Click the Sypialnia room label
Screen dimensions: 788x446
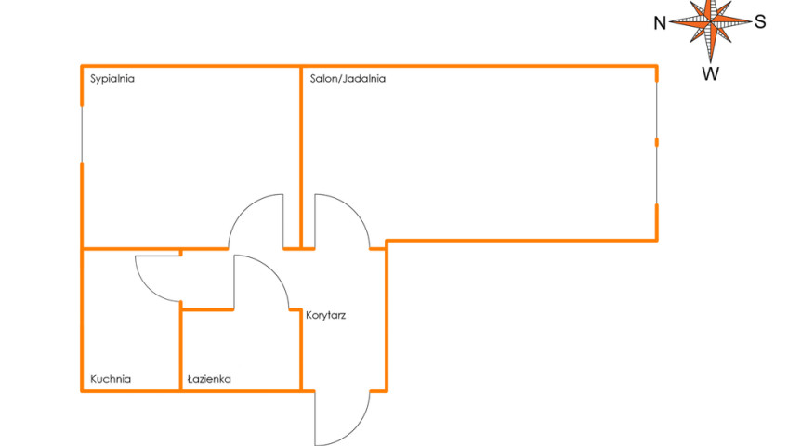[x=112, y=79]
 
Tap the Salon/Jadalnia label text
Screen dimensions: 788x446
[x=348, y=79]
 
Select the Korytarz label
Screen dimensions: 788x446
[x=325, y=315]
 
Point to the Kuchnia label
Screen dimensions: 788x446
[x=111, y=379]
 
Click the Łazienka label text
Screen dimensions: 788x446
[x=209, y=379]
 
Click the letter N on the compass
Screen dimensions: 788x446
[x=660, y=23]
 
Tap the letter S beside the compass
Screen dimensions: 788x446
[x=760, y=21]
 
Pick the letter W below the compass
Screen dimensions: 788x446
[x=710, y=73]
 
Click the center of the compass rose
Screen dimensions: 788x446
[x=710, y=22]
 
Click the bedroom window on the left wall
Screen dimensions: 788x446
[x=82, y=134]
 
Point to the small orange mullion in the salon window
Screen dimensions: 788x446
[x=656, y=142]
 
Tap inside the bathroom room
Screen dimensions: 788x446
[x=241, y=350]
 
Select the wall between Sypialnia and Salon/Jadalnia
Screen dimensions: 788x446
[x=301, y=157]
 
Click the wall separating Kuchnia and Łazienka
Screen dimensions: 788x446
[x=180, y=346]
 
